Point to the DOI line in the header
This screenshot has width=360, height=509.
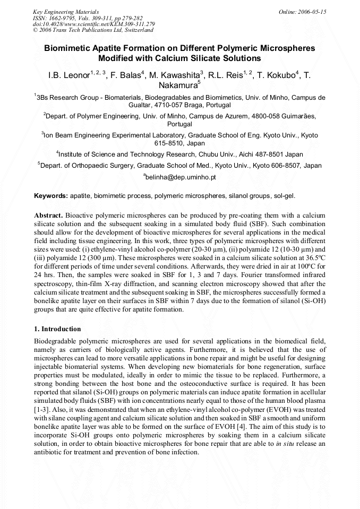pos(93,24)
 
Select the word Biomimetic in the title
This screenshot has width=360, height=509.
pos(68,48)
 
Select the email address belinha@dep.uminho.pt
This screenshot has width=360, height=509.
pos(181,177)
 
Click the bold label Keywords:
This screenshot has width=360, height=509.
pos(51,196)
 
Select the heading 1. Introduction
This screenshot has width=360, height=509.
pos(57,329)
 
